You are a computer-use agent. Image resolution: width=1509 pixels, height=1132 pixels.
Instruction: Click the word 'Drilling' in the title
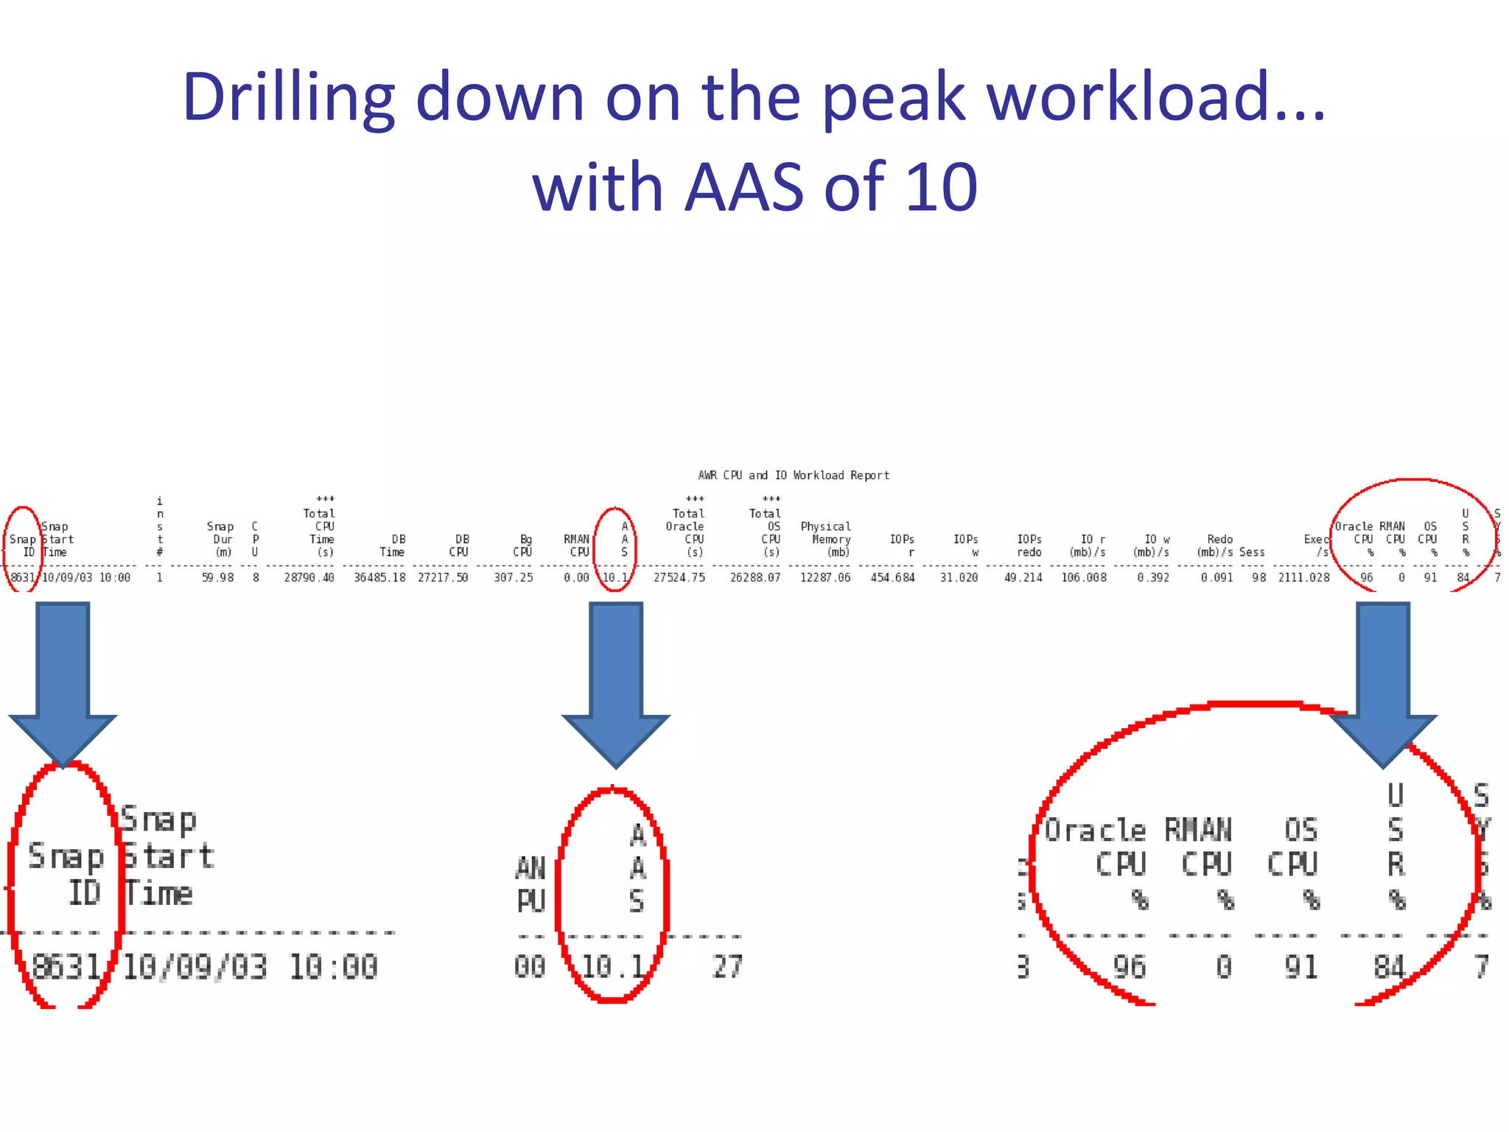(288, 98)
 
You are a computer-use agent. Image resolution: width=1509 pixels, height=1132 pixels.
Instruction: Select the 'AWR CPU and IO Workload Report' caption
(794, 475)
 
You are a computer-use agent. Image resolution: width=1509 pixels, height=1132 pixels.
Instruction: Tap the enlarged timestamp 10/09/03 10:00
(250, 967)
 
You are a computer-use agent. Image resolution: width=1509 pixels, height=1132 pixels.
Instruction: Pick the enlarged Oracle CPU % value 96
(1129, 967)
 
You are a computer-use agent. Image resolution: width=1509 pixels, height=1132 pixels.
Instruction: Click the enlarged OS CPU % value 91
(1300, 967)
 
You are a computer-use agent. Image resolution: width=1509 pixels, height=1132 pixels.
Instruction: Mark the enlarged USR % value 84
(1390, 967)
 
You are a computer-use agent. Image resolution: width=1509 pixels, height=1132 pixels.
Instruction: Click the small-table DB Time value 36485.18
(379, 578)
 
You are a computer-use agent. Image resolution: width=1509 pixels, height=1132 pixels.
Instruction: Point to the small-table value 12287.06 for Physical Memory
(825, 578)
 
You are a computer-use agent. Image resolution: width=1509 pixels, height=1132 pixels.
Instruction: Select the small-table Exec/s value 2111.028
(1303, 578)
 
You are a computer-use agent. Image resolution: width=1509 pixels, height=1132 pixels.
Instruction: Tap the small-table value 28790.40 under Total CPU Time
(309, 578)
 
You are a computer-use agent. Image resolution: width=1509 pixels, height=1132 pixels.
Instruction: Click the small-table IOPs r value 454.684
(892, 578)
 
